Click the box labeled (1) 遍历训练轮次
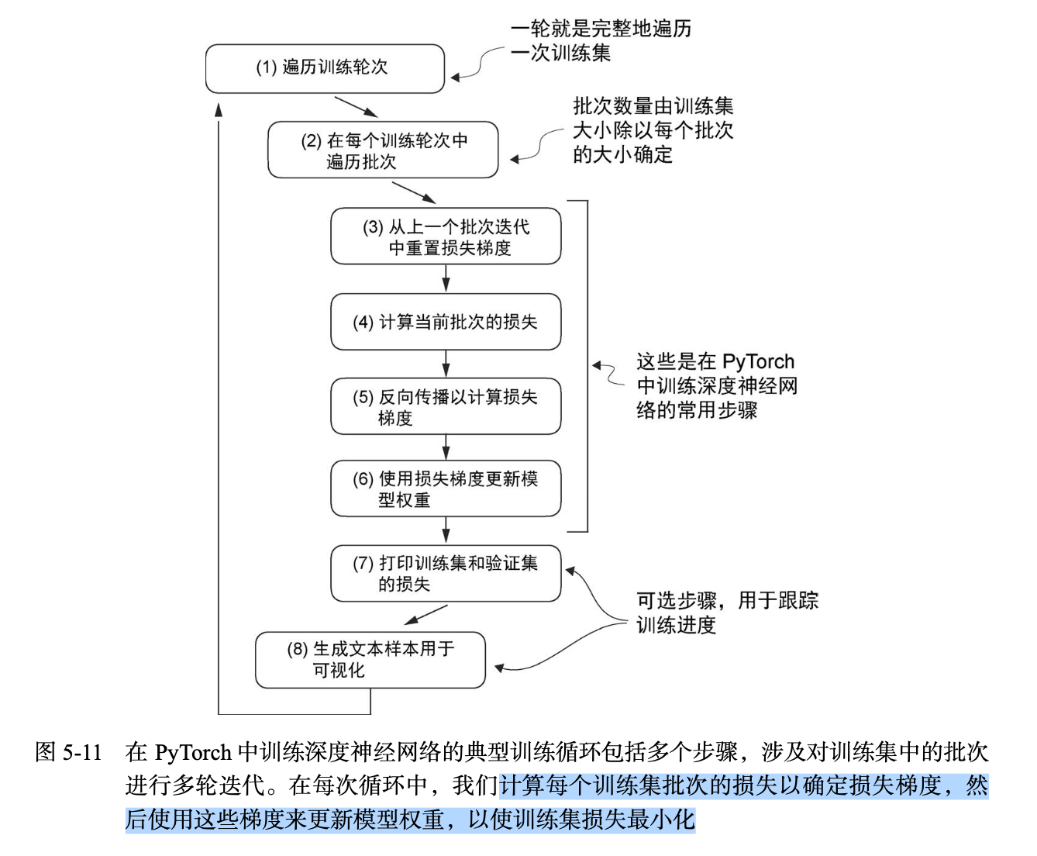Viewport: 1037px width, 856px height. pos(325,68)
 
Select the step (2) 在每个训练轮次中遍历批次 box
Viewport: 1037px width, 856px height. pos(383,150)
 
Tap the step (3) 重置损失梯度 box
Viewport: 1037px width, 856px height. pos(446,236)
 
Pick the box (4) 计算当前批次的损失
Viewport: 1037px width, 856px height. pos(446,322)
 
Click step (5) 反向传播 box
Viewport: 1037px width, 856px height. pos(446,406)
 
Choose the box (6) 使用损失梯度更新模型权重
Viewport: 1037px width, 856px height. pos(446,489)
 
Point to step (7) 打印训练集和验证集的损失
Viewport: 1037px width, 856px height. pos(446,573)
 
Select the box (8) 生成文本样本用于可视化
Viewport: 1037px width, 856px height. pos(370,659)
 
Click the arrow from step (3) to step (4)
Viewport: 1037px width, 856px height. pos(446,278)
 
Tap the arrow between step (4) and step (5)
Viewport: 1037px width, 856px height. pos(446,364)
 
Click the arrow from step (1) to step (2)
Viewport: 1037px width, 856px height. pos(356,107)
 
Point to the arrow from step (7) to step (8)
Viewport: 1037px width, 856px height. pos(425,615)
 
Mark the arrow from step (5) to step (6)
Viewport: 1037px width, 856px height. pos(446,447)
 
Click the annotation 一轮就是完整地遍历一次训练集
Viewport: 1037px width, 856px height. pos(600,40)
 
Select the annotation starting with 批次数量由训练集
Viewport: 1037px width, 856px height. pos(653,130)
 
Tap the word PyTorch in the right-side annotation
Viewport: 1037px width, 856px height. pos(758,362)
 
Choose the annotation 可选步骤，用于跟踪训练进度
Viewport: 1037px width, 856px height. pos(726,613)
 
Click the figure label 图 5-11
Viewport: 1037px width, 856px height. pos(69,752)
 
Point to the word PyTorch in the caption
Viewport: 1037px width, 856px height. pos(193,752)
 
